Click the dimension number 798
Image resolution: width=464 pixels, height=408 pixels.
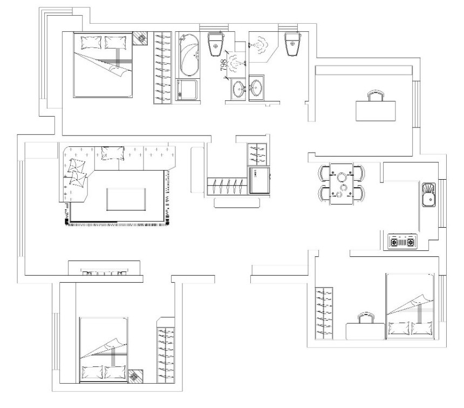point(224,65)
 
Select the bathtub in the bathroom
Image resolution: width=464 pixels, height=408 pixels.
point(189,55)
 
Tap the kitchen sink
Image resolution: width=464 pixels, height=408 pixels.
point(428,194)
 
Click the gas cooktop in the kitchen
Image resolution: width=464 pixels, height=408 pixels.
point(402,242)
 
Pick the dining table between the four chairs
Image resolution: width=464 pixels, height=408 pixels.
point(342,184)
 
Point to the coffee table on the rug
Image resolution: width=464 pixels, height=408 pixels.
point(126,199)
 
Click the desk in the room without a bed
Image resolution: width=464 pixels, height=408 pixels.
point(376,111)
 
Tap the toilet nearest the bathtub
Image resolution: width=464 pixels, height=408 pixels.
point(216,44)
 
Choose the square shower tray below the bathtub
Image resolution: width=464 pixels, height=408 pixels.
point(187,90)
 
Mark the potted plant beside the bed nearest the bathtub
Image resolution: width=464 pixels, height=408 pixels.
point(140,38)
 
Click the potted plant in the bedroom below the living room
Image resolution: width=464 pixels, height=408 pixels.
point(136,376)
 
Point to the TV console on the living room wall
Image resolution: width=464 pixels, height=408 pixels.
point(104,268)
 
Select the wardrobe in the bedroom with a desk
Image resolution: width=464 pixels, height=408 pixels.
point(324,313)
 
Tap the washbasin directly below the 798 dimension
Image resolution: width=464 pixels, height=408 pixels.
point(238,88)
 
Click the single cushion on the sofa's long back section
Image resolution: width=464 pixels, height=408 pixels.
point(112,153)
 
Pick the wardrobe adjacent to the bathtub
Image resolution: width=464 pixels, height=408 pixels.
point(162,68)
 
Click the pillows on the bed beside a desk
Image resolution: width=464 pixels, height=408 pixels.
point(410,329)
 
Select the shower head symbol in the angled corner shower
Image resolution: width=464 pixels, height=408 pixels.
point(260,45)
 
